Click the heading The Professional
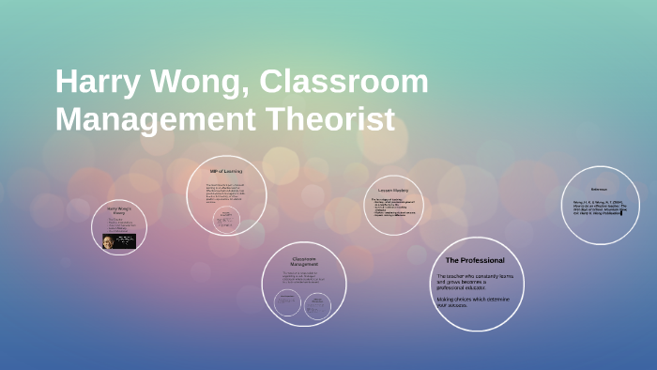coord(474,260)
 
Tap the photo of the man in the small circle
coord(119,240)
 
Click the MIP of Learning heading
coord(226,171)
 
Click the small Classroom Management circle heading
coord(303,261)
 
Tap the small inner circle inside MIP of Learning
coord(226,218)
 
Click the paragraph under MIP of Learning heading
coord(225,190)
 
